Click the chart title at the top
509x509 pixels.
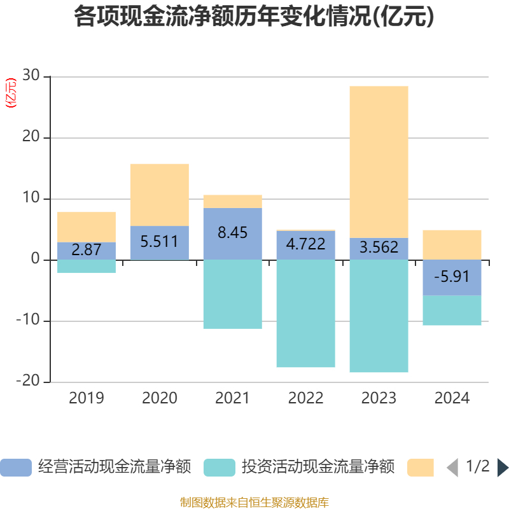(254, 17)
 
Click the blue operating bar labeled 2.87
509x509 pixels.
(87, 251)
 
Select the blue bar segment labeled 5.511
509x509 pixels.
(160, 242)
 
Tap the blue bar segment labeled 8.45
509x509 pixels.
(233, 234)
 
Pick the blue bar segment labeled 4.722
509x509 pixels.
(306, 245)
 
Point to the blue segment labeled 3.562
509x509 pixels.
(379, 249)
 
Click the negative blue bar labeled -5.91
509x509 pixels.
(452, 277)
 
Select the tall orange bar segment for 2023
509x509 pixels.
(379, 162)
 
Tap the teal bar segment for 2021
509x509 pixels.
(233, 294)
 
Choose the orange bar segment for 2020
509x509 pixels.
(160, 195)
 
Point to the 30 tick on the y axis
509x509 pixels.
(31, 76)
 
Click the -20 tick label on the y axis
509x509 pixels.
(28, 382)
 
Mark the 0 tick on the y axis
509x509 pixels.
(35, 260)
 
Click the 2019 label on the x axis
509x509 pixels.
(87, 398)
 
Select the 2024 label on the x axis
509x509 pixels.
(452, 398)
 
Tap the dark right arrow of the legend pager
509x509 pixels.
(503, 468)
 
